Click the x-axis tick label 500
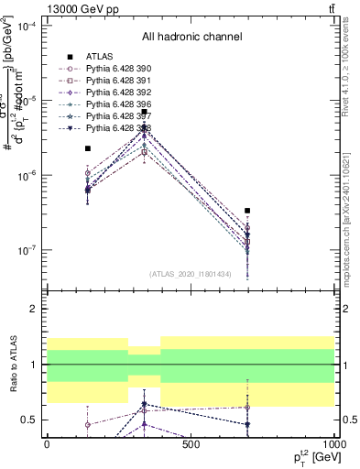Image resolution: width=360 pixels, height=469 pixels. point(191,444)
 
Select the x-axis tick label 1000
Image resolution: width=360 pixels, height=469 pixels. point(332,444)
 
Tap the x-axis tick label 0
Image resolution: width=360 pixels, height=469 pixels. point(47,444)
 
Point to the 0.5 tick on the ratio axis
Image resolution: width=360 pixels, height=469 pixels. point(27,420)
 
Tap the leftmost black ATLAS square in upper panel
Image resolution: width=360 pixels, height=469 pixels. point(88,148)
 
